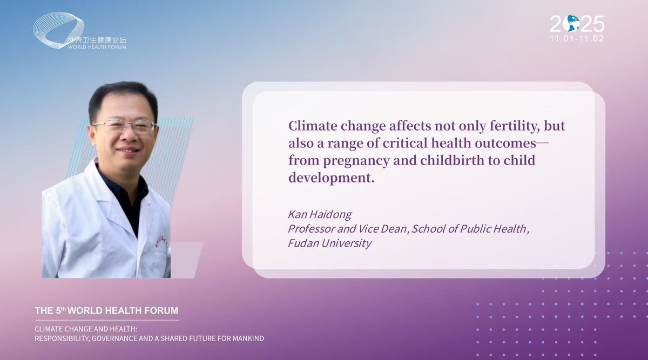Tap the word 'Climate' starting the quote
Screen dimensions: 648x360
click(313, 126)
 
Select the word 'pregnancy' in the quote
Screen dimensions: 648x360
click(356, 161)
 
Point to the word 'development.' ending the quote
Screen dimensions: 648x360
click(332, 178)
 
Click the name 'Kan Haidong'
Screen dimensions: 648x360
click(320, 215)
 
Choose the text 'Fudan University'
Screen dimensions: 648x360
click(329, 243)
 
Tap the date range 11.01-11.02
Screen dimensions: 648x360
click(577, 38)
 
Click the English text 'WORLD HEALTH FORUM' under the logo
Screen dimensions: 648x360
click(97, 47)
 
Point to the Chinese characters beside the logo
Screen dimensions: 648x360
click(97, 40)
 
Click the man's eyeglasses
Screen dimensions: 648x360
click(125, 126)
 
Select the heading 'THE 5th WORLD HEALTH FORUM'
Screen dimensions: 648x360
click(106, 310)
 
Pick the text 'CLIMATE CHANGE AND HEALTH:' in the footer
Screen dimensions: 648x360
click(86, 329)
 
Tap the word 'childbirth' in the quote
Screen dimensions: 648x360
click(452, 160)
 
